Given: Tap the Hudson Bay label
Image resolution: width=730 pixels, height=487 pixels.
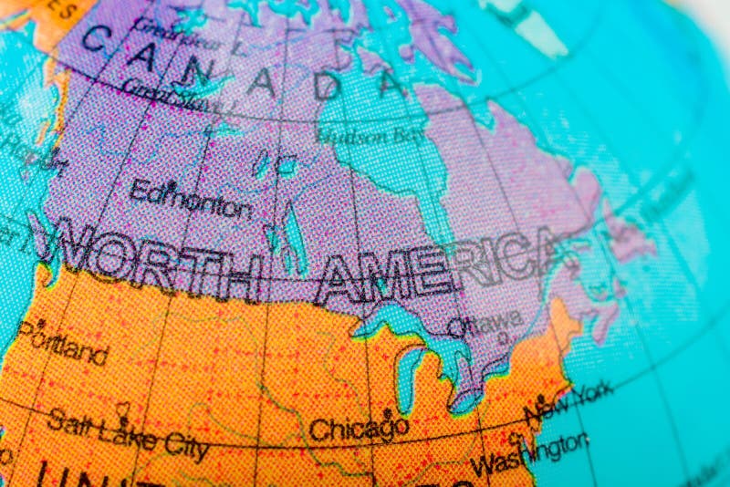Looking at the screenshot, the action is click(x=370, y=136).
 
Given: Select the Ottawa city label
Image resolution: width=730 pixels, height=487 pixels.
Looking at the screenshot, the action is click(x=485, y=321).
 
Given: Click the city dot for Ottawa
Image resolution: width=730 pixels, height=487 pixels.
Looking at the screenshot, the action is click(x=502, y=337).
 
